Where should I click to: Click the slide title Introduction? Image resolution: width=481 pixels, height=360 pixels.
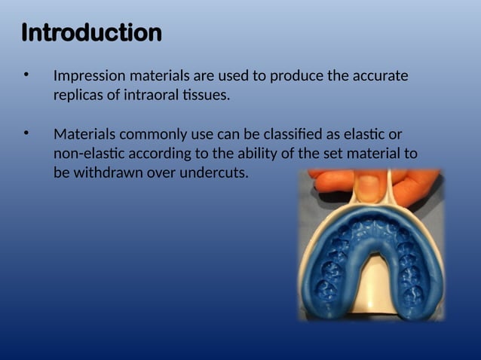tap(91, 33)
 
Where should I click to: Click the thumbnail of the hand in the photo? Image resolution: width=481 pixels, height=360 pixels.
tap(368, 186)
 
